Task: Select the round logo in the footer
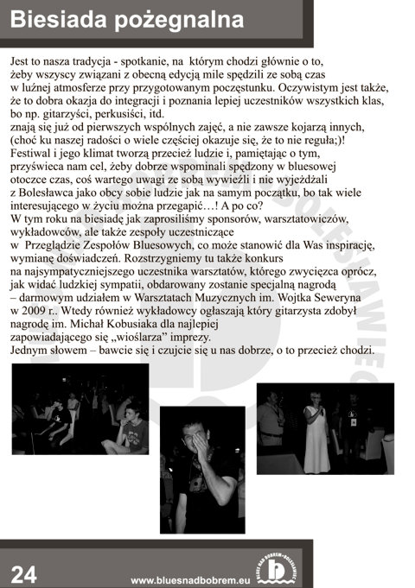(x=277, y=567)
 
